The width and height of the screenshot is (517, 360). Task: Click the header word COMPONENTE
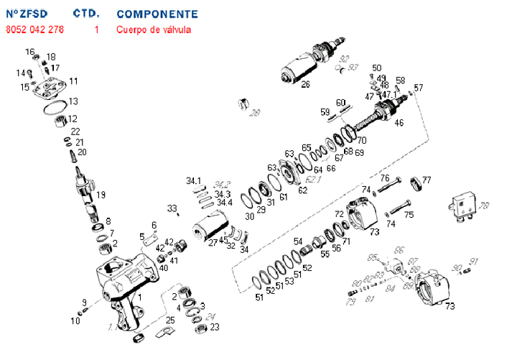(x=157, y=14)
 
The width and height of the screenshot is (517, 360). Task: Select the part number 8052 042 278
(x=34, y=29)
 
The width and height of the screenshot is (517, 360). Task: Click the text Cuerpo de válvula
(x=154, y=29)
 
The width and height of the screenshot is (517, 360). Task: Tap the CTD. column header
(x=86, y=14)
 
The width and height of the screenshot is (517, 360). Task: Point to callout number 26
(x=305, y=84)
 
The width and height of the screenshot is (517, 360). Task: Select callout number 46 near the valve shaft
(x=399, y=123)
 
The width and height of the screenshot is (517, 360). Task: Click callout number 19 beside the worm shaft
(x=101, y=195)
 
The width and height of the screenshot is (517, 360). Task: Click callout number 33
(x=172, y=208)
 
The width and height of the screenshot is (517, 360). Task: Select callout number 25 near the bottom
(x=170, y=319)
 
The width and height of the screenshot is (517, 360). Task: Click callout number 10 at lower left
(x=75, y=320)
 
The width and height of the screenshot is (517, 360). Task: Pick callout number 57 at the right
(x=419, y=88)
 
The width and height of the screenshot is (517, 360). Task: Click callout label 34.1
(x=194, y=180)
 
